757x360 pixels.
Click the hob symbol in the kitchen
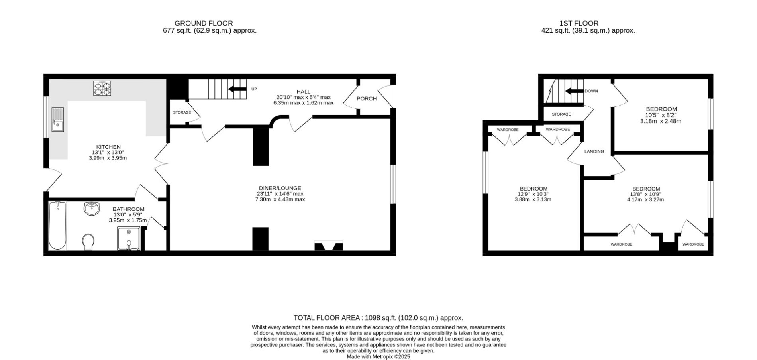click(102, 88)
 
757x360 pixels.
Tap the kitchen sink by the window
click(57, 120)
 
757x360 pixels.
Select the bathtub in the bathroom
click(57, 226)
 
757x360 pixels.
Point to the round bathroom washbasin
click(92, 209)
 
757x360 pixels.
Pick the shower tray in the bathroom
click(129, 238)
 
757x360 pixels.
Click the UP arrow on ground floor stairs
click(237, 89)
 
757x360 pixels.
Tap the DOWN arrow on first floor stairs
click(575, 91)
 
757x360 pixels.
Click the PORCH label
click(367, 99)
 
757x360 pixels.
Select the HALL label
click(304, 92)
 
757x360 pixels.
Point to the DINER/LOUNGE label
click(280, 188)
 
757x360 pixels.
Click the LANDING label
click(594, 151)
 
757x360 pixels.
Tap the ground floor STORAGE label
click(182, 112)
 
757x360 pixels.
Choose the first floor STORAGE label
click(561, 114)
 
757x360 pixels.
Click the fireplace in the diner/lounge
click(329, 246)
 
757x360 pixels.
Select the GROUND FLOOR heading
click(204, 23)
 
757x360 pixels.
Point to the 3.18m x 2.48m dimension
click(661, 121)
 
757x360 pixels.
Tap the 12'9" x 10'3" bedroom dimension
click(533, 194)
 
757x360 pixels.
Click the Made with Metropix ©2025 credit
click(378, 357)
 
